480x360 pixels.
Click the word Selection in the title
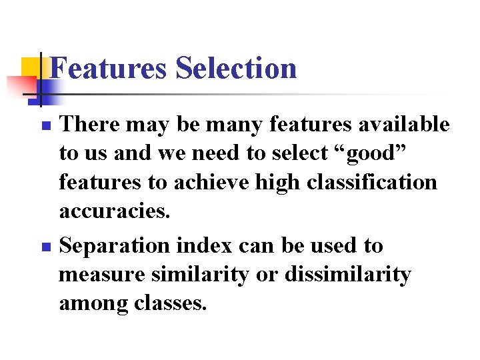(236, 68)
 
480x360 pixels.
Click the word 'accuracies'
(114, 211)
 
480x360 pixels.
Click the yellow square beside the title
(31, 67)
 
